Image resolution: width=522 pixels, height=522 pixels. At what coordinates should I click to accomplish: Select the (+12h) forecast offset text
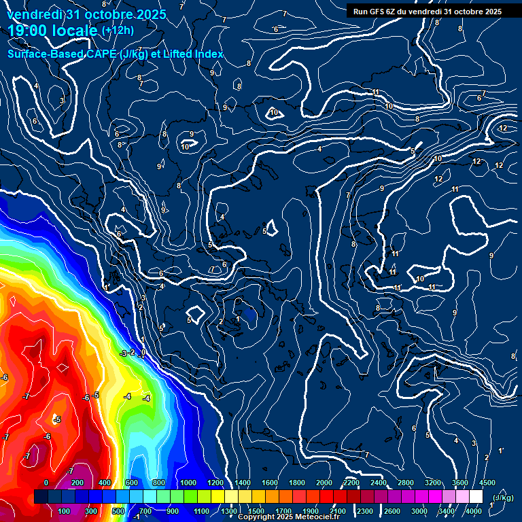tap(118, 30)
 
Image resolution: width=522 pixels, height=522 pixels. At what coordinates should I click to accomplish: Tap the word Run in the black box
tap(360, 12)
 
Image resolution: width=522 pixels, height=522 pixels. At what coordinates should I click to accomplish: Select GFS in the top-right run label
tap(379, 12)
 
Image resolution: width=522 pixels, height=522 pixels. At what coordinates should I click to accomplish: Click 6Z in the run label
tap(395, 12)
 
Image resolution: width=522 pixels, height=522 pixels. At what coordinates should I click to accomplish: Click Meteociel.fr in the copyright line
tap(317, 517)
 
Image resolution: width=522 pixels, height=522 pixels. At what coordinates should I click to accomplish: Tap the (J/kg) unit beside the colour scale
tap(502, 498)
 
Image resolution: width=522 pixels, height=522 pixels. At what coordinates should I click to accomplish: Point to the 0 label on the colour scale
tap(46, 483)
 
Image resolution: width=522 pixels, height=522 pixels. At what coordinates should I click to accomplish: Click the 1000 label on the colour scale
tap(188, 483)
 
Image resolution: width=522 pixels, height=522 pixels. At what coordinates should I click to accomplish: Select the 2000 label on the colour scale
tap(324, 483)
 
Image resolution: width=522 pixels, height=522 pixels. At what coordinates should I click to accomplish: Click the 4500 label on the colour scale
tap(487, 483)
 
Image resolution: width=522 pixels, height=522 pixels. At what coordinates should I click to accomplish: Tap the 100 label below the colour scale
tap(64, 511)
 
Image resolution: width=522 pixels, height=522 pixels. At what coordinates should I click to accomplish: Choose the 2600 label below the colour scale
tap(391, 511)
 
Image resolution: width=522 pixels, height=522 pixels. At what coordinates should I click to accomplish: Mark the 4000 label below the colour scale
tap(474, 511)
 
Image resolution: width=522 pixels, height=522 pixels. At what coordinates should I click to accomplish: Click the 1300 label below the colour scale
tap(228, 511)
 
